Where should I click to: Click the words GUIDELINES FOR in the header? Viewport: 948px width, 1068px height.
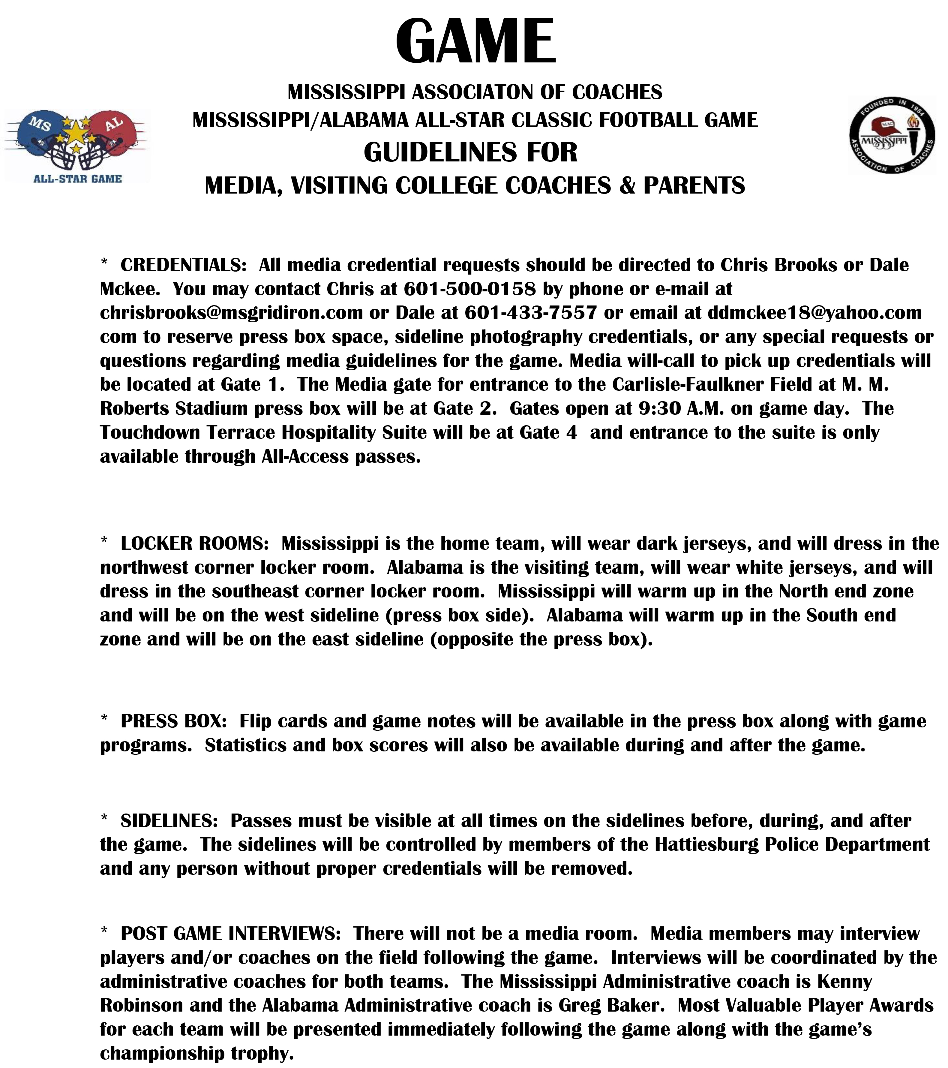[471, 152]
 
